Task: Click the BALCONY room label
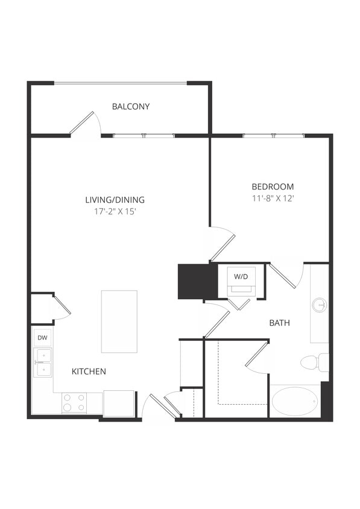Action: tap(131, 107)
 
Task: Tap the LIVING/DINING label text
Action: tap(115, 200)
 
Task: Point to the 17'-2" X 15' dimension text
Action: tap(115, 212)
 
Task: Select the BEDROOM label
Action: tap(273, 186)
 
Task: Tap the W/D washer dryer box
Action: tap(241, 281)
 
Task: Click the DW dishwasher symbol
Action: tap(42, 338)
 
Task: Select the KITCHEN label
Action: tap(89, 371)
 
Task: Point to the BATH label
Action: tap(279, 323)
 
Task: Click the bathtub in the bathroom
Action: tap(295, 401)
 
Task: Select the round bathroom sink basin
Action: tap(320, 305)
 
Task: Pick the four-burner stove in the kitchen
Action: tap(74, 402)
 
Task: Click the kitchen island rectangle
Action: tap(119, 321)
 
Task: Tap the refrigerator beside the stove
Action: tap(118, 403)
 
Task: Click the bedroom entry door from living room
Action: tap(223, 244)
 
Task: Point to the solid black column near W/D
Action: tap(195, 281)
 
